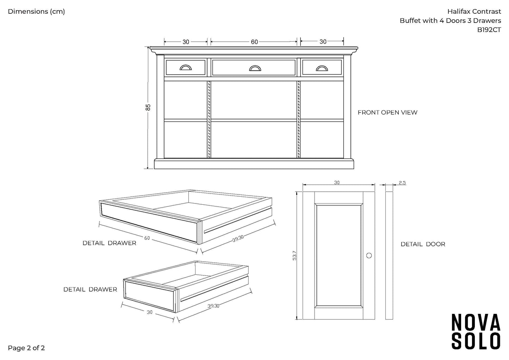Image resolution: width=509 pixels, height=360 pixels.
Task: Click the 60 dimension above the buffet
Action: (x=254, y=42)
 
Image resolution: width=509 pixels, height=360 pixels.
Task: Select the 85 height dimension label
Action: (x=148, y=107)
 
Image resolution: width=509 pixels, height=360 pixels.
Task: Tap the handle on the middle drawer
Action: (x=254, y=68)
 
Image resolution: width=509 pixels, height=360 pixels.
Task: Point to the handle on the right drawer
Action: (x=321, y=68)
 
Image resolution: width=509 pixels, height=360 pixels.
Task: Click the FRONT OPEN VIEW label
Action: (x=387, y=112)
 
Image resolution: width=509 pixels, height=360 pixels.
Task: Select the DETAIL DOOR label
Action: (x=423, y=244)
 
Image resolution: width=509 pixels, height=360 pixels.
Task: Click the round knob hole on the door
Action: (x=369, y=255)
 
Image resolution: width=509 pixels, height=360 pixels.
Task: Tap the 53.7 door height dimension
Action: (x=294, y=255)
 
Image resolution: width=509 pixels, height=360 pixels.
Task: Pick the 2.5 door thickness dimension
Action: (x=402, y=182)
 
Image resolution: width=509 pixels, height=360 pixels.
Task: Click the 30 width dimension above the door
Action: (x=337, y=182)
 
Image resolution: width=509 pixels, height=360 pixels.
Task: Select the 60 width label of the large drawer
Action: (x=147, y=238)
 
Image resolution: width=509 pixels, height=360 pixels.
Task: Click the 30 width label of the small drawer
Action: (x=150, y=312)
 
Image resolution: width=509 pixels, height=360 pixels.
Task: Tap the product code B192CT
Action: (x=489, y=30)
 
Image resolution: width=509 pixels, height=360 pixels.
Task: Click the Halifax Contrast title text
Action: (x=474, y=11)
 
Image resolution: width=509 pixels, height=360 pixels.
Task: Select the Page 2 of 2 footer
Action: (x=26, y=348)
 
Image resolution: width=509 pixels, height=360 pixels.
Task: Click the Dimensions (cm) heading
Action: (x=36, y=11)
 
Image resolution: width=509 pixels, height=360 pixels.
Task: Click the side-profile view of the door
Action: (x=389, y=255)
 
